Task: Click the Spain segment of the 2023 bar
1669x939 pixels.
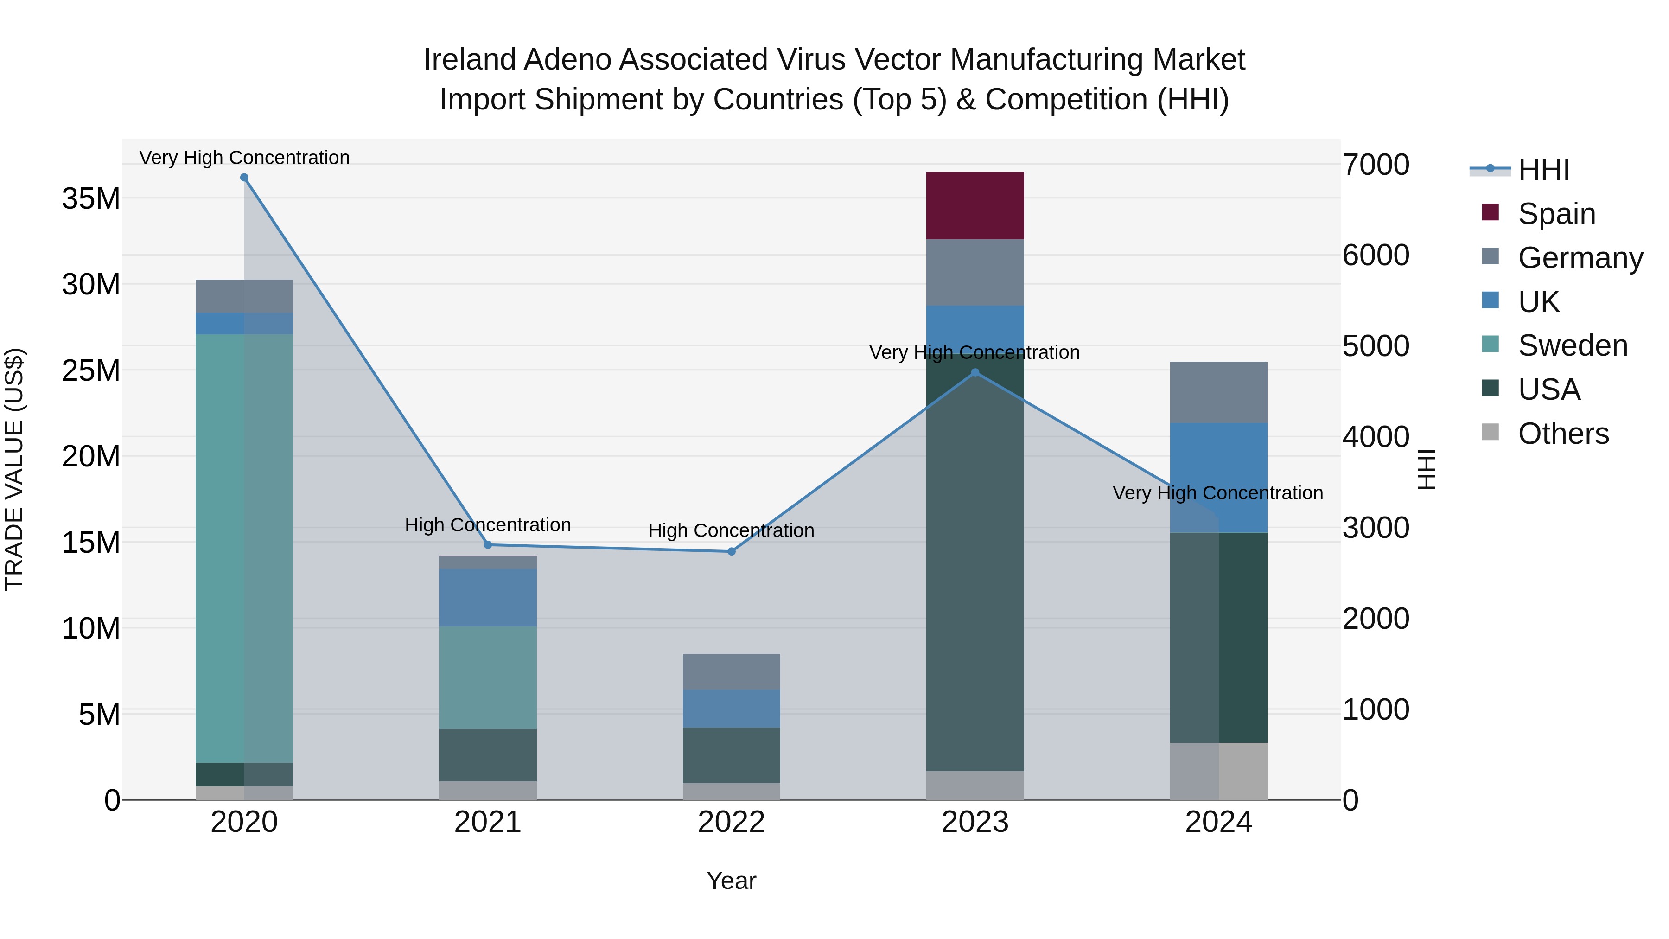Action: (975, 205)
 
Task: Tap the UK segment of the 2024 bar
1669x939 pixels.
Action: (1218, 478)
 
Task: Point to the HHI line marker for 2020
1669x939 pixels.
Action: (244, 178)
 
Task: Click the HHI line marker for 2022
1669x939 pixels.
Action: (732, 551)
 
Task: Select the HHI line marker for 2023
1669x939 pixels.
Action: (975, 373)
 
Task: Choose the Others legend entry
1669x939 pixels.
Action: (1563, 434)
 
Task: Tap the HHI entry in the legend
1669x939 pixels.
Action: (1543, 170)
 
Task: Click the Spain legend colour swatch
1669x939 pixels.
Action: (1490, 212)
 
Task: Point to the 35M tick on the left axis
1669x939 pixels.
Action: (91, 198)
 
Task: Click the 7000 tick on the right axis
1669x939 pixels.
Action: (1375, 165)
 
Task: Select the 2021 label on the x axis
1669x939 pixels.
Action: (487, 822)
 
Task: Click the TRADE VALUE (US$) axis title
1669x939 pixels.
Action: (14, 469)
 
